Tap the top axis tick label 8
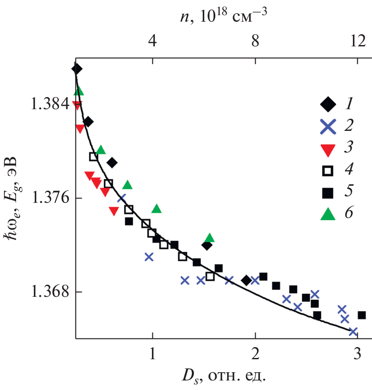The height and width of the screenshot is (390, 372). [255, 42]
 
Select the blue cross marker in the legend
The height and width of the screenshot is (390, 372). [329, 126]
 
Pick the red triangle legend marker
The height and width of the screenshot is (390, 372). [329, 149]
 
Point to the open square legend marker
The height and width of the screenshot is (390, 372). [329, 170]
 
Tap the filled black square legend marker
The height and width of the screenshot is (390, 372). [329, 192]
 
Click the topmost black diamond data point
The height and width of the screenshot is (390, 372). [77, 68]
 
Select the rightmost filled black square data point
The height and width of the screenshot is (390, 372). [362, 315]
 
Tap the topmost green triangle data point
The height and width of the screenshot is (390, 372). [79, 91]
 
